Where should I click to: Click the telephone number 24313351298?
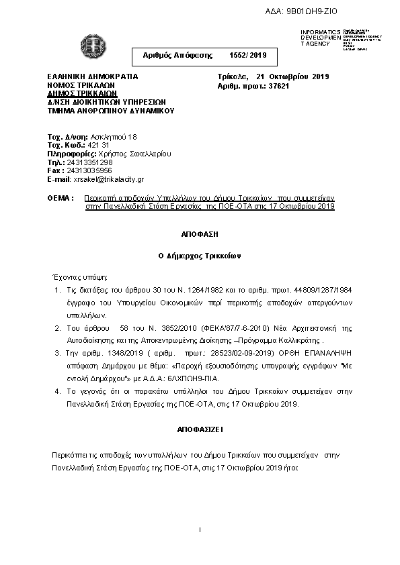[x=89, y=162]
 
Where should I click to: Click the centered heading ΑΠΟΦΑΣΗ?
[x=200, y=236]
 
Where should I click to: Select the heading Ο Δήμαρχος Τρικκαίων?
[x=200, y=256]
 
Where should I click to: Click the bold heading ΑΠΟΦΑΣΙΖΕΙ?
[x=200, y=427]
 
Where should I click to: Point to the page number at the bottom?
[x=200, y=531]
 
